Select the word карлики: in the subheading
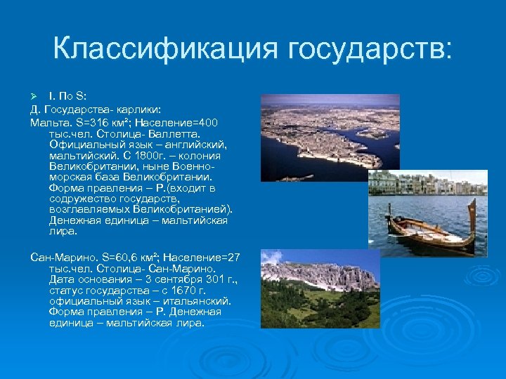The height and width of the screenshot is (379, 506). pos(137,109)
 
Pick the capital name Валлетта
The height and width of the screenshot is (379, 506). pos(174,133)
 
